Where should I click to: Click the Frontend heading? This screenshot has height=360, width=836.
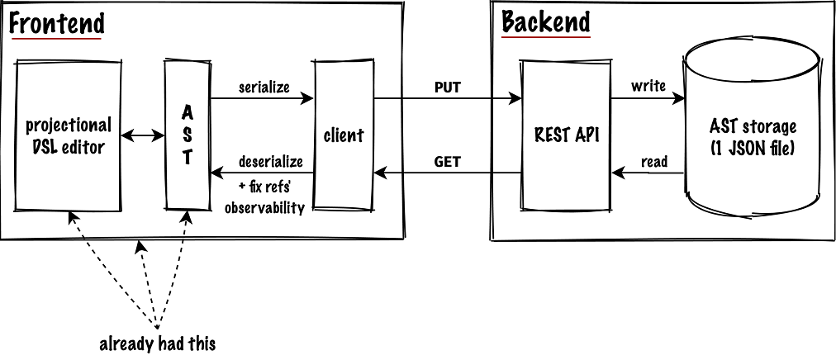click(56, 23)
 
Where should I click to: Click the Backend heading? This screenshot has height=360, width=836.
click(546, 22)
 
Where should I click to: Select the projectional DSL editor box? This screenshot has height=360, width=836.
click(68, 136)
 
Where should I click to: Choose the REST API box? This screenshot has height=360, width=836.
click(565, 135)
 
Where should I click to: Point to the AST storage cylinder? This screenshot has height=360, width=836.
click(753, 136)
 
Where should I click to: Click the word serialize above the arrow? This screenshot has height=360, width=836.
click(264, 87)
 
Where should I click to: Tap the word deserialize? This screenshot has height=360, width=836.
click(271, 160)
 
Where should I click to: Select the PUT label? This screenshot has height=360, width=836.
click(447, 87)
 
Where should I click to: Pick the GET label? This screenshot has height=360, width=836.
click(447, 162)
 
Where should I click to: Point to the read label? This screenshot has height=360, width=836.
click(653, 162)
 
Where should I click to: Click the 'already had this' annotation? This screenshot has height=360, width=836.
click(157, 343)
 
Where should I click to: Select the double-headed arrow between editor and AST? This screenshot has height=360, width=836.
click(143, 136)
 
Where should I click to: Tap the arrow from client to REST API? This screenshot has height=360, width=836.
click(447, 99)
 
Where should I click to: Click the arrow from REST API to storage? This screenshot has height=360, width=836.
click(648, 99)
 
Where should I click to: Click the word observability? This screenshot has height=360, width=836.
click(264, 207)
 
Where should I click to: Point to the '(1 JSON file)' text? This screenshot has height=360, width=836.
click(753, 148)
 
